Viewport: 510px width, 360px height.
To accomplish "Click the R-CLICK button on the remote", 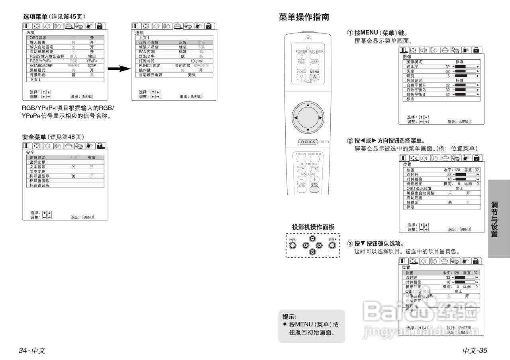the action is click(308, 142).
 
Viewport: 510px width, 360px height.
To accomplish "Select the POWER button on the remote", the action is click(301, 57).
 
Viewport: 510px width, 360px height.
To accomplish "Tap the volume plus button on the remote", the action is click(314, 180).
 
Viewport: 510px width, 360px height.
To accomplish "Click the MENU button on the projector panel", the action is click(293, 245).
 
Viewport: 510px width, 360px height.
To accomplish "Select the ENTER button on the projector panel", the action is click(332, 245).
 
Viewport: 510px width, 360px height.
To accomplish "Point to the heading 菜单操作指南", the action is click(304, 17).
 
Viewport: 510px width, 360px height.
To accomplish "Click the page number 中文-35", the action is click(475, 350).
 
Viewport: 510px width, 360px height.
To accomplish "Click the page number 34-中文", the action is click(32, 350).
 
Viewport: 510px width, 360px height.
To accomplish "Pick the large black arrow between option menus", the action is click(120, 69).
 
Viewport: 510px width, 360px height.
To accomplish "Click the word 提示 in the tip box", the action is click(289, 317).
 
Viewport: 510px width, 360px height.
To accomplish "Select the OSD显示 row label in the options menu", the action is click(38, 37).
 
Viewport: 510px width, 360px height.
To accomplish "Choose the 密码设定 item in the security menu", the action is click(37, 157).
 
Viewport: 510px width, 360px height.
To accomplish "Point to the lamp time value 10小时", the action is click(196, 61).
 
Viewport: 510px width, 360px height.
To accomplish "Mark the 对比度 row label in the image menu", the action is click(413, 67).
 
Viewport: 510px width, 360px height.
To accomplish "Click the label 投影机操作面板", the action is click(313, 227).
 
